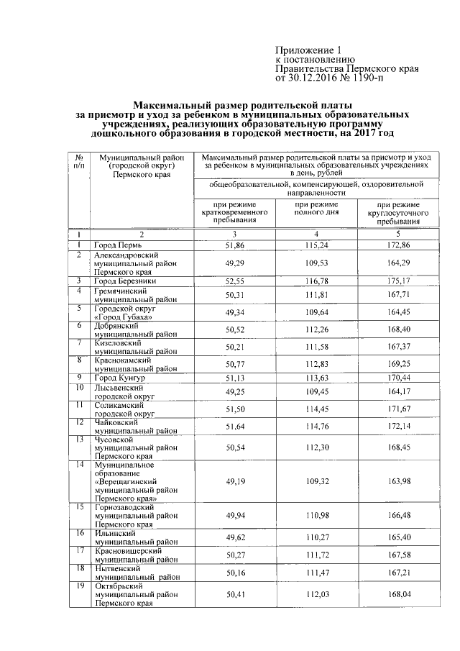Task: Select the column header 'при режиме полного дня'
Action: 316,209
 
